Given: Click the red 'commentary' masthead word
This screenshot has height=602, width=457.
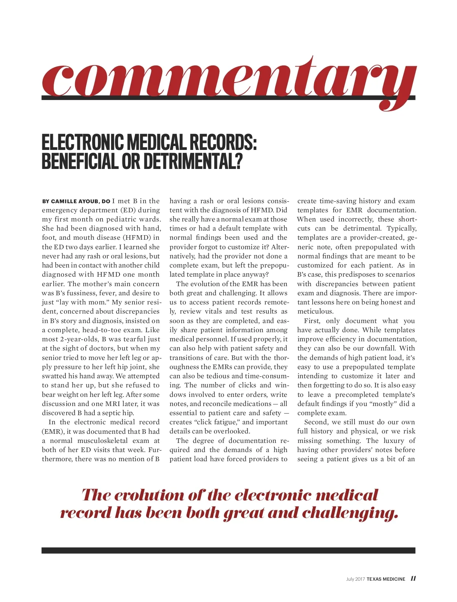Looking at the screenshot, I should pos(228,80).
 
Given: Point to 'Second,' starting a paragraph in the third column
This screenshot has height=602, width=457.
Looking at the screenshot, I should pos(316,422).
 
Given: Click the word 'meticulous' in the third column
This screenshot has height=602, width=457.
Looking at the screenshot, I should pos(315,311).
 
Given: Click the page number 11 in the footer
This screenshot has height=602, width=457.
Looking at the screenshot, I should pos(413,578).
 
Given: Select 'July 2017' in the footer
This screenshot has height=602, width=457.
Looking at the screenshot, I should pos(355,579).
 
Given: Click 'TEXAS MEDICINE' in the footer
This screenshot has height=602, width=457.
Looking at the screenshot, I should pos(386,579).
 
